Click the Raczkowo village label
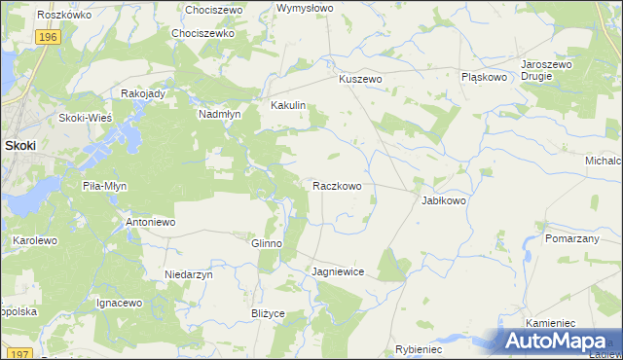[x=338, y=185]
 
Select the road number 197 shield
[x=16, y=353]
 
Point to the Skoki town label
[x=20, y=145]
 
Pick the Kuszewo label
[x=360, y=80]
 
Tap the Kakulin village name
[x=288, y=105]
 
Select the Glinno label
[x=267, y=244]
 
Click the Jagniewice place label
[x=338, y=272]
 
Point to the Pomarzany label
[x=571, y=238]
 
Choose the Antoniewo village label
[x=150, y=223]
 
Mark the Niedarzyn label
[x=189, y=275]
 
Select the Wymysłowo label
[x=305, y=8]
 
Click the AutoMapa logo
[x=559, y=342]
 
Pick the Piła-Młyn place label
[x=105, y=186]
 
